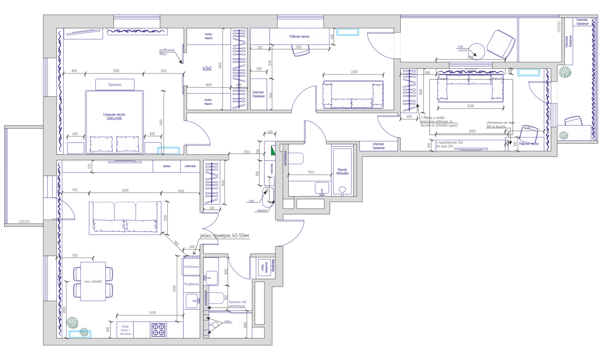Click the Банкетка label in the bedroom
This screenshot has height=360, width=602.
tap(115, 85)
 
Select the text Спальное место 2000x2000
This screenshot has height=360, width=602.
tap(114, 117)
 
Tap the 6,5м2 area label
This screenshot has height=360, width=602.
tap(207, 68)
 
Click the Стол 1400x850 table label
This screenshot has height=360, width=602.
tap(93, 281)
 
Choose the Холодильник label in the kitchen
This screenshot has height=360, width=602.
tap(192, 267)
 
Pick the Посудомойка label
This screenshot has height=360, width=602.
tap(192, 284)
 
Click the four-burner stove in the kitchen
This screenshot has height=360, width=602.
tap(159, 330)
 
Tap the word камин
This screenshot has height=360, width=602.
tap(166, 166)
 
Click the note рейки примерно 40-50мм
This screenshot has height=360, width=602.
tap(225, 236)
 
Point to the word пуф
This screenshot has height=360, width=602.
tap(251, 201)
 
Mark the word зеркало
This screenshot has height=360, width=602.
tap(262, 210)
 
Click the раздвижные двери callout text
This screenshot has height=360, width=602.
tap(166, 52)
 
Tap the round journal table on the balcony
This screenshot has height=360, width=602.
tap(476, 50)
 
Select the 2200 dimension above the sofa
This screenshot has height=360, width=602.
tap(354, 72)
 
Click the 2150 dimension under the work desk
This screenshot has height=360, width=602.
tap(298, 47)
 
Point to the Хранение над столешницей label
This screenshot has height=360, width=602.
tap(237, 304)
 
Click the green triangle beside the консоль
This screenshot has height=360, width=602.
tap(273, 151)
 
